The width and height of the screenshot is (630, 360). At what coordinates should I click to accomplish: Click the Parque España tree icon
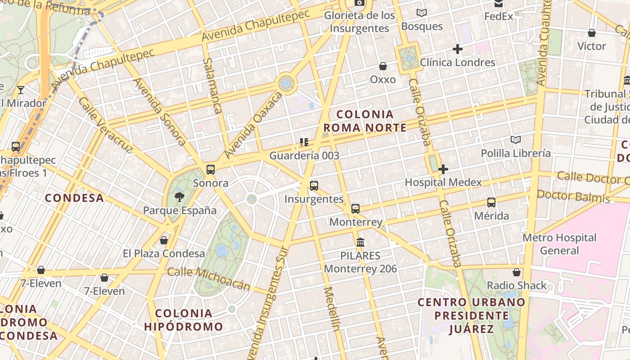pyautogui.click(x=180, y=196)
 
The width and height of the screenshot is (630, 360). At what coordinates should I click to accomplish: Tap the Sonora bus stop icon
pyautogui.click(x=211, y=170)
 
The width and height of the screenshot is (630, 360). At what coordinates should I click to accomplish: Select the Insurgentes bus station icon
pyautogui.click(x=314, y=185)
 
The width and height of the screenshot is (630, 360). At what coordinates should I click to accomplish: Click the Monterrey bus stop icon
pyautogui.click(x=355, y=208)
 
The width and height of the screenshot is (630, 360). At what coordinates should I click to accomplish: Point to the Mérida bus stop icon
pyautogui.click(x=491, y=202)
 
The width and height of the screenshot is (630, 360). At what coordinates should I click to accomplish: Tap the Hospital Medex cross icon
pyautogui.click(x=443, y=169)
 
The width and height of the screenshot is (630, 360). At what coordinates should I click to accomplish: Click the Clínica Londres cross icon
pyautogui.click(x=458, y=49)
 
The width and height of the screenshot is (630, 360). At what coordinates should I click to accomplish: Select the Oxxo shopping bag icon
pyautogui.click(x=383, y=67)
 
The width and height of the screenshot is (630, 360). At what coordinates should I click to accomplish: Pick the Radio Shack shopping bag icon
pyautogui.click(x=517, y=272)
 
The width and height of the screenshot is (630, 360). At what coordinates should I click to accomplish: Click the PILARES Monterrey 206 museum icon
pyautogui.click(x=360, y=243)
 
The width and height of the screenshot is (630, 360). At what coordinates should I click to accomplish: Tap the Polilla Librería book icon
pyautogui.click(x=516, y=140)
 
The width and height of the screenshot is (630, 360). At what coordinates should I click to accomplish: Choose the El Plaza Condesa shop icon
pyautogui.click(x=164, y=240)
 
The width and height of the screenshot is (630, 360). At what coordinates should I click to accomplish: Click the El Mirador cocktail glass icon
pyautogui.click(x=21, y=90)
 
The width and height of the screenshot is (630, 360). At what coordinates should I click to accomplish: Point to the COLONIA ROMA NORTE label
pyautogui.click(x=365, y=121)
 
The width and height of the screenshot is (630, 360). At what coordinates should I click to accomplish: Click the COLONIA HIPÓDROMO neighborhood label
pyautogui.click(x=184, y=320)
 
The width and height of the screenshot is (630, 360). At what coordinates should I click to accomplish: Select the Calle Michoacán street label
pyautogui.click(x=208, y=279)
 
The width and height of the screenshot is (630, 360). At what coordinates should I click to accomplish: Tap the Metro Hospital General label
pyautogui.click(x=559, y=244)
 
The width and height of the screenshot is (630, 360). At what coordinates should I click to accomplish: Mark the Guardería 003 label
pyautogui.click(x=304, y=156)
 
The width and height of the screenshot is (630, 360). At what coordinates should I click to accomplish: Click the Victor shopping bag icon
pyautogui.click(x=592, y=33)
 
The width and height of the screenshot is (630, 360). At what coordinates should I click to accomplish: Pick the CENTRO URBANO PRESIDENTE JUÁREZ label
pyautogui.click(x=471, y=315)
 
